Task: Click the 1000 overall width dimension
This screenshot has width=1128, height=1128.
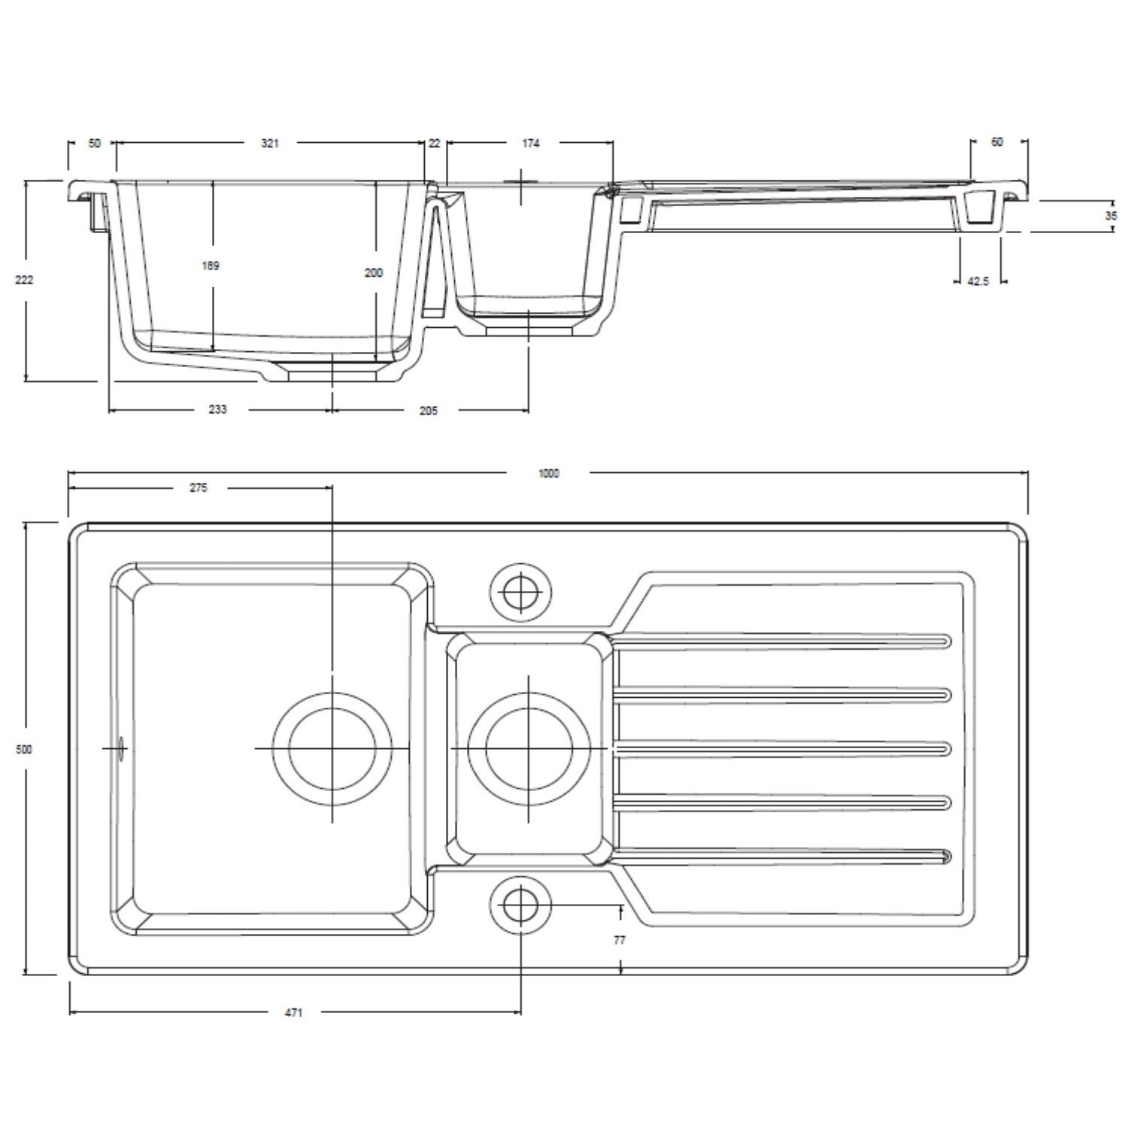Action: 549,473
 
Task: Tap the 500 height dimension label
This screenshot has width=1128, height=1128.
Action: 24,750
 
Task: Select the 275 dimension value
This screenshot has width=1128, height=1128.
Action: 198,487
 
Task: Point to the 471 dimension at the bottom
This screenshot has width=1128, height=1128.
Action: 293,1013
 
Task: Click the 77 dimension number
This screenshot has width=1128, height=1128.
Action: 620,940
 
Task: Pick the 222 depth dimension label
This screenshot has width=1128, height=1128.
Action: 24,280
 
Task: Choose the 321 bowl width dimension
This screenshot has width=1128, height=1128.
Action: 270,143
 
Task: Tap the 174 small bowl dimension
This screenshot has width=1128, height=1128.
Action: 531,143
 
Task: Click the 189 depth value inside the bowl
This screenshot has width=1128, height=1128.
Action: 211,265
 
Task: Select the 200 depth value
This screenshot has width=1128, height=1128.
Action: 374,273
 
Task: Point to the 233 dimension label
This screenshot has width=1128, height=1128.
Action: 217,409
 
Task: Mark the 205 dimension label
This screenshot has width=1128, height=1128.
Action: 428,411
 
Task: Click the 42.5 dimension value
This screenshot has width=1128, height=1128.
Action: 978,281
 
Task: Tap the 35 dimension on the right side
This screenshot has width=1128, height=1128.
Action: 1111,216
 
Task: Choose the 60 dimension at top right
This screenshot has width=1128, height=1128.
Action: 997,141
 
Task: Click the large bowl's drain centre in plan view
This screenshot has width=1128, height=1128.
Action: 332,749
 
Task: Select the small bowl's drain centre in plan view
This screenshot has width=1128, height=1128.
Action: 529,749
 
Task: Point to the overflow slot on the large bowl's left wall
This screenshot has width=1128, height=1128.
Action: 121,749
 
